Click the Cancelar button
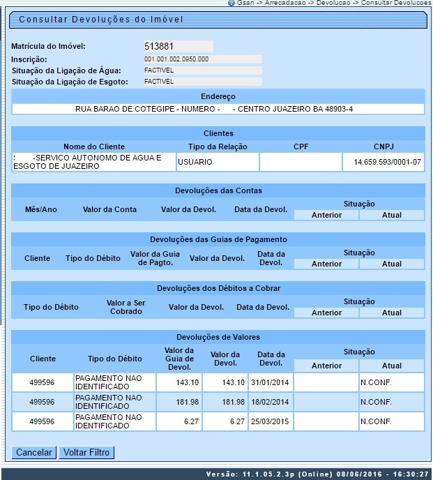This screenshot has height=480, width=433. [33, 453]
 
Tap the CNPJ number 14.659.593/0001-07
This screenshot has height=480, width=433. [383, 162]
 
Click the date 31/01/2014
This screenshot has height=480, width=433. [271, 382]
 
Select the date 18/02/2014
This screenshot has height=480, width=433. [271, 402]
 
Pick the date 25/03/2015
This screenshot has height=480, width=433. [271, 421]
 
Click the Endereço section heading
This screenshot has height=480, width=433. [217, 96]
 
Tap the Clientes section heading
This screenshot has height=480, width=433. [217, 133]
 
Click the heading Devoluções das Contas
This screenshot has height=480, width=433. [217, 190]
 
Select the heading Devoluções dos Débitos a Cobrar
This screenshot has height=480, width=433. [217, 288]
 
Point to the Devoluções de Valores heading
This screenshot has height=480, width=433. [217, 337]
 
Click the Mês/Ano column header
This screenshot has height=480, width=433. [36, 209]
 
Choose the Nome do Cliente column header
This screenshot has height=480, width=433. [94, 147]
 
